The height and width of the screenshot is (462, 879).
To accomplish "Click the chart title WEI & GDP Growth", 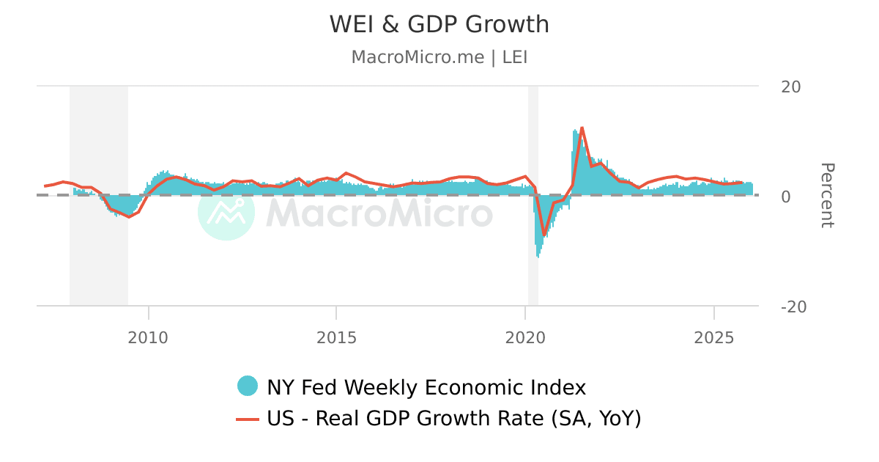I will coord(439,24).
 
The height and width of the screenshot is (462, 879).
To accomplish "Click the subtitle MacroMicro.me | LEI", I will coord(439,57).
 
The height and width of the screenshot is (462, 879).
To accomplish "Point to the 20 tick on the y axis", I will coord(790,87).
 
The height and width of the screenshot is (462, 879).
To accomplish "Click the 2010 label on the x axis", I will coord(148,337).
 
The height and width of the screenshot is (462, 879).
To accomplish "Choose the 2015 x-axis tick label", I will coord(336,337).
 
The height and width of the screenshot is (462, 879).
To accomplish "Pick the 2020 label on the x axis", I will coord(525,337).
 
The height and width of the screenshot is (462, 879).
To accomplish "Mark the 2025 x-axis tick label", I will coord(714,337).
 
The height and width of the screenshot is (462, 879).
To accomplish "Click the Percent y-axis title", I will coord(826,196).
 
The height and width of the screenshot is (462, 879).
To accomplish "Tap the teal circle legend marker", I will coord(248,386).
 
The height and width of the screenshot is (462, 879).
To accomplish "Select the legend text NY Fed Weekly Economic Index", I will coord(426,387).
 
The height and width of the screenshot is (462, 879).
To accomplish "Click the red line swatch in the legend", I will coord(248,419).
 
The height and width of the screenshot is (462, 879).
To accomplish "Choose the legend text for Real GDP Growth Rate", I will coord(454,419).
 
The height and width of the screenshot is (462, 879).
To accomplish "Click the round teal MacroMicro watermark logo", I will coord(226,212).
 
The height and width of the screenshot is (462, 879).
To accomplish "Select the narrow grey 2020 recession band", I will coord(533,147).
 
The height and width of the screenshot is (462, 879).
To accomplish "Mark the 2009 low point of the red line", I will coord(129,217).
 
